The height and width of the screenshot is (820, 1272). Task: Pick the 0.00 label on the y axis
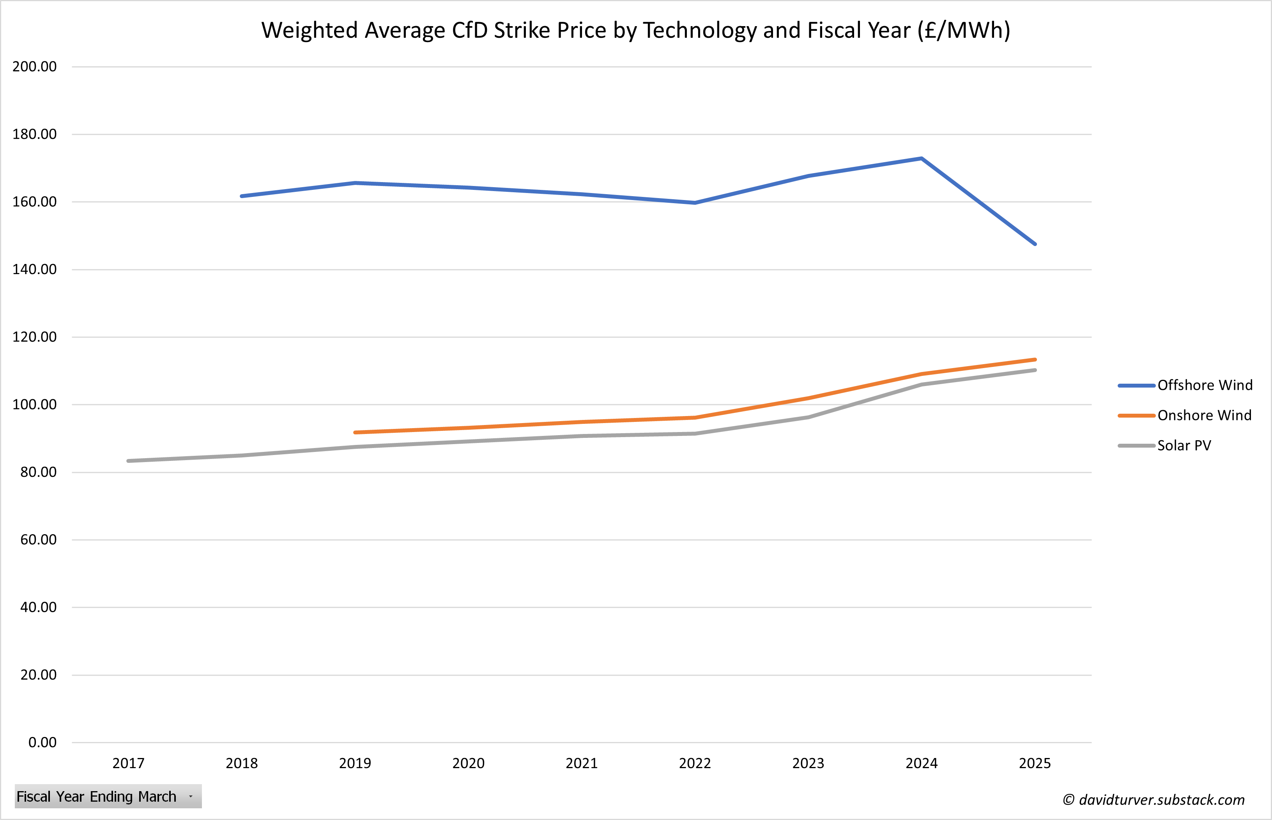click(x=42, y=742)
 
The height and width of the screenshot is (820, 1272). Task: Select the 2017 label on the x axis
click(x=128, y=763)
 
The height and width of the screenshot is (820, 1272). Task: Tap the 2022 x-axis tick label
click(x=695, y=763)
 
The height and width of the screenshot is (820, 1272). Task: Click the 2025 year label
click(x=1035, y=763)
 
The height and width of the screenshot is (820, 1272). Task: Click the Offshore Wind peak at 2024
click(x=921, y=158)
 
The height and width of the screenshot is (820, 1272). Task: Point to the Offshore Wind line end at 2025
click(x=1035, y=244)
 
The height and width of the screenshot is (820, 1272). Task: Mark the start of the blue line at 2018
click(x=242, y=196)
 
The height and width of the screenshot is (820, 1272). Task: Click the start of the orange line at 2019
click(x=356, y=432)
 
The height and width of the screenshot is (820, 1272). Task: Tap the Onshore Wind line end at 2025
click(x=1035, y=360)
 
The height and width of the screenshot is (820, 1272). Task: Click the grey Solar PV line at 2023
click(x=808, y=418)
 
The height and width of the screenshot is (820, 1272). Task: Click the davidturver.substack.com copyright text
click(x=1153, y=800)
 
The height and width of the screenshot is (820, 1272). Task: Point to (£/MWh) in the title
click(x=963, y=30)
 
